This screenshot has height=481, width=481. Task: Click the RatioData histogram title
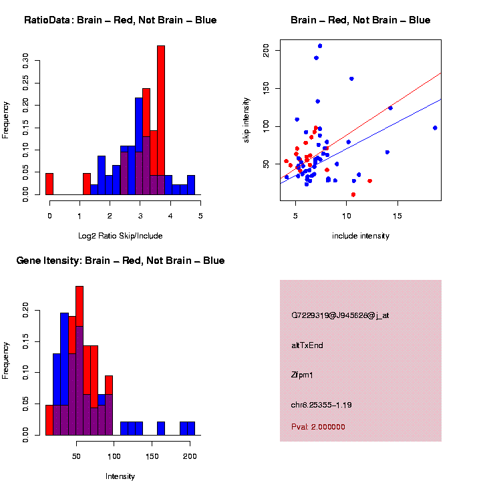(x=120, y=20)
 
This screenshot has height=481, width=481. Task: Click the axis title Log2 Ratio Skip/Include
(x=121, y=235)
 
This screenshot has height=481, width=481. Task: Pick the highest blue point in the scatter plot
(x=320, y=46)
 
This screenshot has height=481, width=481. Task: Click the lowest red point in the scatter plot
(x=353, y=194)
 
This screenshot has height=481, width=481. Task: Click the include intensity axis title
(x=361, y=236)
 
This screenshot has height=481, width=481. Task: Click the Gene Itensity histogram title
(x=120, y=261)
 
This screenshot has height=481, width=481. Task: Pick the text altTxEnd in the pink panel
(x=307, y=345)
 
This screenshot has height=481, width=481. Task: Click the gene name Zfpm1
(x=303, y=375)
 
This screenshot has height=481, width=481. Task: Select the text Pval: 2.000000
(x=318, y=427)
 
